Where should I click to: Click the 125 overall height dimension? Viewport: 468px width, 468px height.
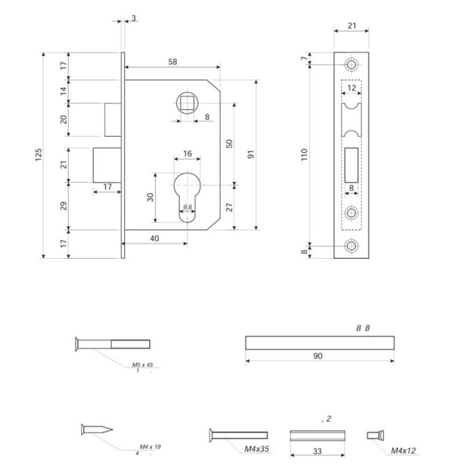click(38, 154)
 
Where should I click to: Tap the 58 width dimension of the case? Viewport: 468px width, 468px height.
click(172, 62)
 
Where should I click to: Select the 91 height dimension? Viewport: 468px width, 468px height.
click(250, 154)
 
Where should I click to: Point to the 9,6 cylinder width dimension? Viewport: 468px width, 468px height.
click(187, 207)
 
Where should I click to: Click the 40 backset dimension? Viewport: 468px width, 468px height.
click(155, 238)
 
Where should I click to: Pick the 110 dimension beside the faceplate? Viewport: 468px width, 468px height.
click(305, 154)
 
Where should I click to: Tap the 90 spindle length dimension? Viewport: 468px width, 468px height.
click(319, 356)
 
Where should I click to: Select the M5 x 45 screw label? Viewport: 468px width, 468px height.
click(142, 364)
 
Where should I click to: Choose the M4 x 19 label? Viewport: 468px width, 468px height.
click(149, 447)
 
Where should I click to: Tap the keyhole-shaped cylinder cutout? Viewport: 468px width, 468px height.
click(187, 195)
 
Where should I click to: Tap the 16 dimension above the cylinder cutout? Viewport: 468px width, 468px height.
click(187, 154)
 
